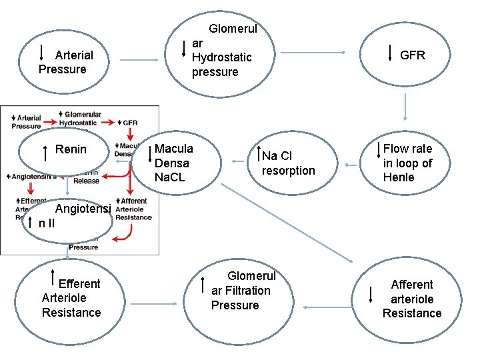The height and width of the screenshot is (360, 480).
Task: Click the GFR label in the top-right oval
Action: point(412,55)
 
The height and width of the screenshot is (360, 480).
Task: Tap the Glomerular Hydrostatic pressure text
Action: point(223,50)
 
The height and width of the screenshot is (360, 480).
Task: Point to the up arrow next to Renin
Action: point(45,153)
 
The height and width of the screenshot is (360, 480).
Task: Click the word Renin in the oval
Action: point(71,149)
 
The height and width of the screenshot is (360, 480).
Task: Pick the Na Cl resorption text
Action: point(288,163)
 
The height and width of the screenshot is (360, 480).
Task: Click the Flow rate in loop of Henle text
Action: point(407,163)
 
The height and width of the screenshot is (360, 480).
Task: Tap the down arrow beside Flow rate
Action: point(379,152)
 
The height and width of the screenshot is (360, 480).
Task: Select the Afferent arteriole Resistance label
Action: point(411,299)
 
